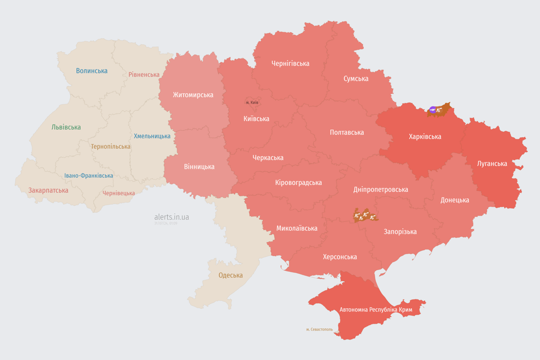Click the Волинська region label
click(x=92, y=71)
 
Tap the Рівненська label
click(x=144, y=75)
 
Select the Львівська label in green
click(x=66, y=127)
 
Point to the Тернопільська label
click(x=111, y=147)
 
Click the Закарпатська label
click(x=48, y=190)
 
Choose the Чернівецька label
click(x=119, y=193)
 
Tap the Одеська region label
click(x=231, y=275)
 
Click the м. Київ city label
click(x=252, y=102)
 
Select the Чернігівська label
click(x=290, y=63)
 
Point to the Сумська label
click(x=356, y=79)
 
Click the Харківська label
click(x=425, y=137)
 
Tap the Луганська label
click(x=492, y=164)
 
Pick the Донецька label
click(x=455, y=200)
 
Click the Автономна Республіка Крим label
click(x=376, y=310)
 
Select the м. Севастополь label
click(x=319, y=330)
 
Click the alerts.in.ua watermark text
click(x=172, y=217)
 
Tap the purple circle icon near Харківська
click(x=432, y=110)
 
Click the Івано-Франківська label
click(x=89, y=176)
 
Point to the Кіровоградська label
click(x=298, y=183)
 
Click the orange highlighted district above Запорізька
click(x=365, y=215)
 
